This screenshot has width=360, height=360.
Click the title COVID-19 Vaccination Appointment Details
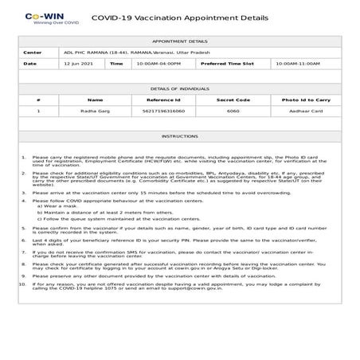pos(180,16)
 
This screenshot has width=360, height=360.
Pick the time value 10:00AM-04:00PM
pos(158,62)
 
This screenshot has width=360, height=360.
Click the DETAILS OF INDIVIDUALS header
pos(180,89)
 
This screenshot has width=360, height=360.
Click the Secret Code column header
pos(233,100)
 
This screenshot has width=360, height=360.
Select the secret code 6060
pos(233,112)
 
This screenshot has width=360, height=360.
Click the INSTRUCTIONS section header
pos(180,136)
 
